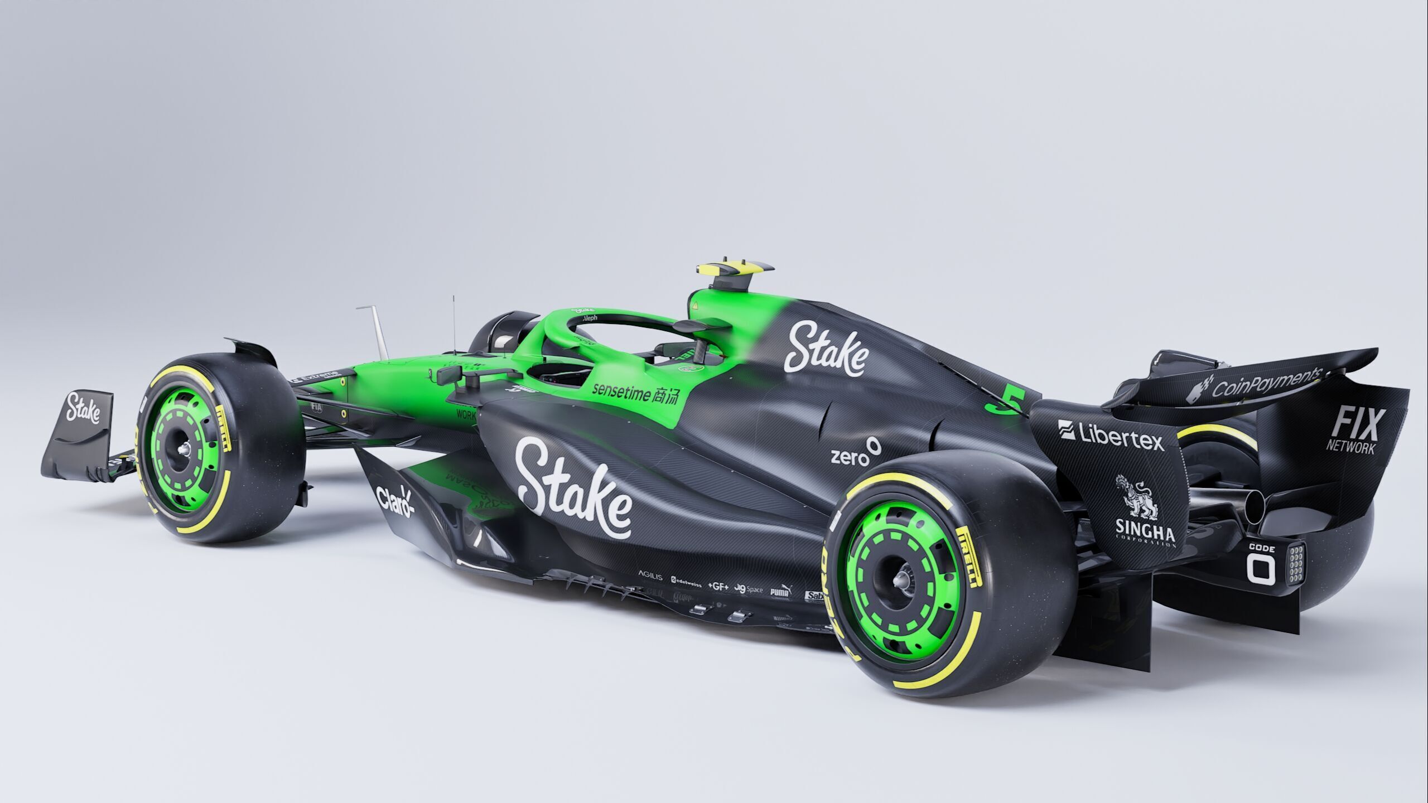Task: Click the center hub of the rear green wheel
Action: coord(899,581)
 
